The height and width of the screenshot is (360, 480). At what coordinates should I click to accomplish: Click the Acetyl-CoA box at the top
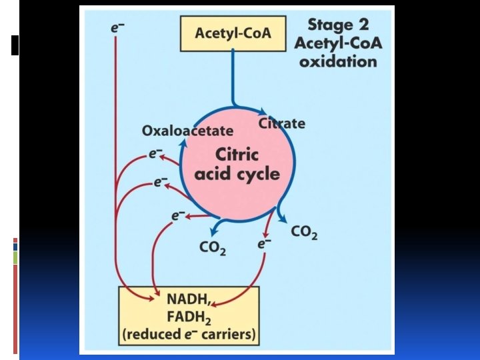pyautogui.click(x=233, y=33)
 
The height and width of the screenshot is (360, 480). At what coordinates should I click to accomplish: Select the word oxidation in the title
pyautogui.click(x=338, y=61)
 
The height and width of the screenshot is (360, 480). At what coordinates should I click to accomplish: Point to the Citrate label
pyautogui.click(x=282, y=123)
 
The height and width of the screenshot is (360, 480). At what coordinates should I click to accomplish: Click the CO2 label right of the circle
pyautogui.click(x=304, y=233)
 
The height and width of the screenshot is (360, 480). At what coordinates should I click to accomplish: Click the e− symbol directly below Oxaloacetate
pyautogui.click(x=155, y=154)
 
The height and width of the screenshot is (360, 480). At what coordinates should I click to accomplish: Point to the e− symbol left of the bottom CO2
pyautogui.click(x=178, y=215)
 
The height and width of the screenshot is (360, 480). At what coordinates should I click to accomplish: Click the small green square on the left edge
pyautogui.click(x=15, y=257)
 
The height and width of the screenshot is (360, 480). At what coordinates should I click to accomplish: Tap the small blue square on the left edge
pyautogui.click(x=15, y=246)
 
